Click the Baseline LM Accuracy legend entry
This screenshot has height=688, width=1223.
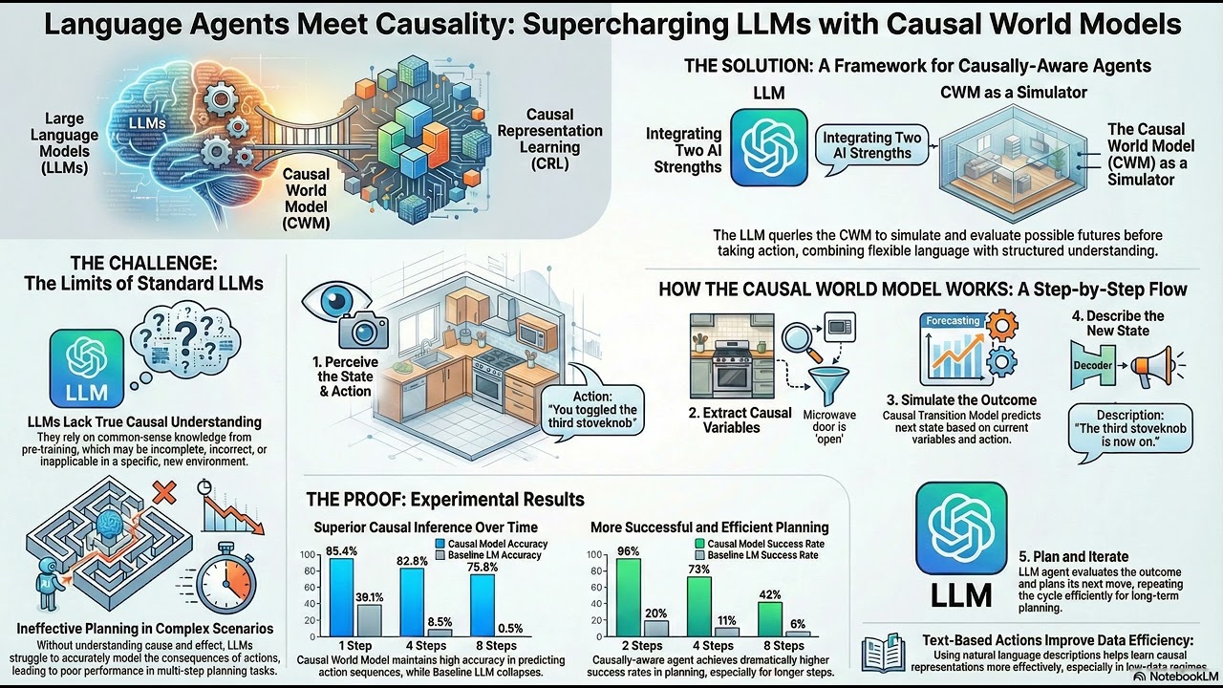489,554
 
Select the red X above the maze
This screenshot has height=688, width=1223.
163,494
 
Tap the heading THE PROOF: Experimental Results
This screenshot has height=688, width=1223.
444,499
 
